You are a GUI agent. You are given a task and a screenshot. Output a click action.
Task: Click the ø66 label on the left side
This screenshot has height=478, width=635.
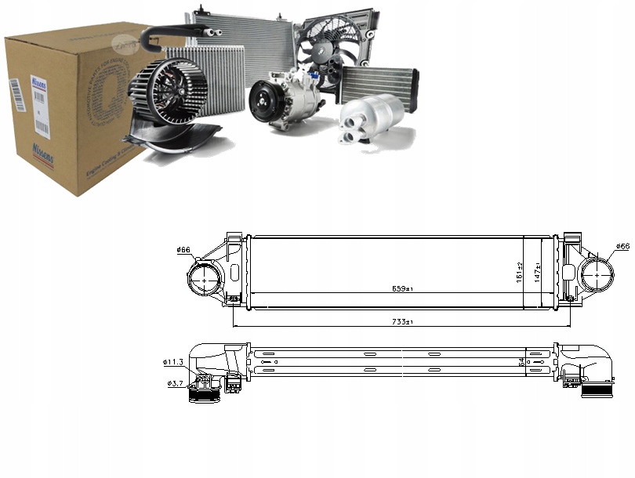tap(184, 250)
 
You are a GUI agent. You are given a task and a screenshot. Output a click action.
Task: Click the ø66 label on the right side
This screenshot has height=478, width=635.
tap(622, 247)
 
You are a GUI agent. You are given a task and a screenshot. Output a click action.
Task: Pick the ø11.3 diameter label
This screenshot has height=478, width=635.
tap(174, 362)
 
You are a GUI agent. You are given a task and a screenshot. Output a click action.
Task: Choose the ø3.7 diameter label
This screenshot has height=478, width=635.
tap(176, 383)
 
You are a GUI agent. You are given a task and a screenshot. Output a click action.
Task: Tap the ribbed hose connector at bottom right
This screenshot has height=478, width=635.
tap(597, 389)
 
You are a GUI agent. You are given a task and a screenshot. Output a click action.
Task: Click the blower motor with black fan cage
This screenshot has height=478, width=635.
tap(168, 92)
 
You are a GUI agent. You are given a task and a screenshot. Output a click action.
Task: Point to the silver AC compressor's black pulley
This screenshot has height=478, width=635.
tap(263, 102)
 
